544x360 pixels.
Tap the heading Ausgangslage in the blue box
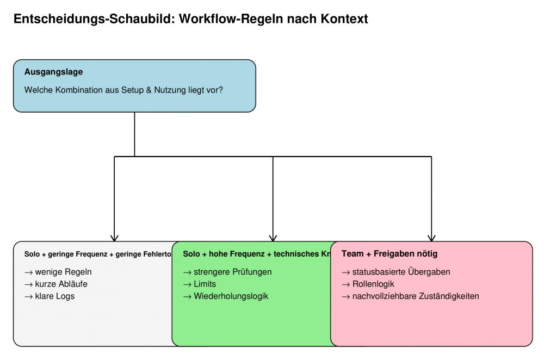(53, 72)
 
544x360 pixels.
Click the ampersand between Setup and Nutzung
(149, 90)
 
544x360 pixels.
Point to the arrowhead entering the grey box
(114, 238)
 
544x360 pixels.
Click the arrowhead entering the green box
(273, 238)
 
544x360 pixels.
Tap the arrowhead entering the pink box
(431, 238)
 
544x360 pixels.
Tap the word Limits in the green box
(205, 284)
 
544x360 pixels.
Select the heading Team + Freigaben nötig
(389, 254)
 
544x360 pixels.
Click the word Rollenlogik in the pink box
(373, 284)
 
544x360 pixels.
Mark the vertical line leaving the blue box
(134, 134)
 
